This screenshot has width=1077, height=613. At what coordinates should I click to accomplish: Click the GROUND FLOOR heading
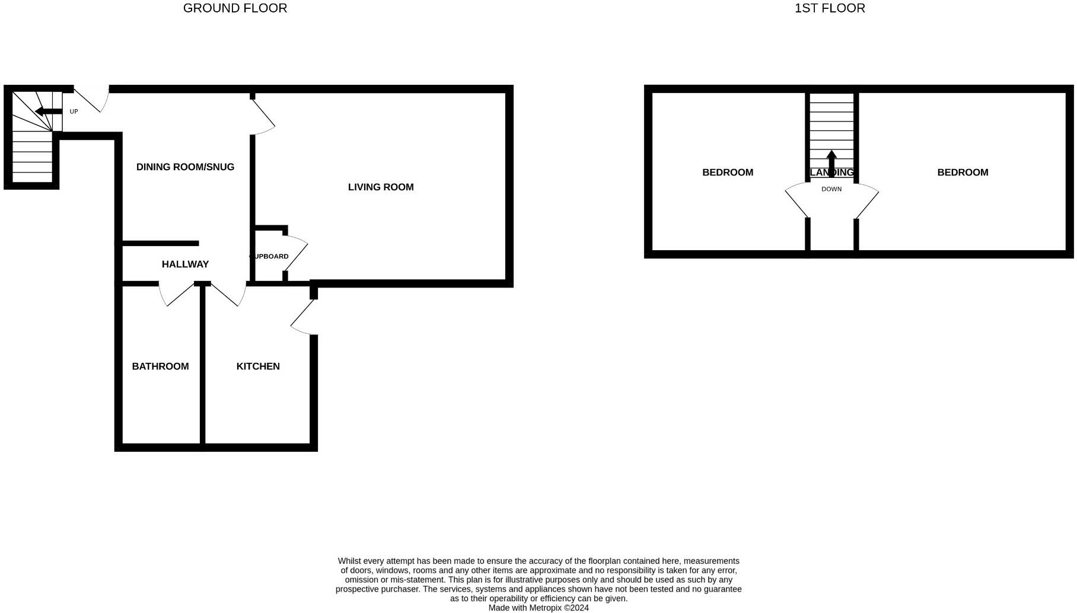pyautogui.click(x=235, y=8)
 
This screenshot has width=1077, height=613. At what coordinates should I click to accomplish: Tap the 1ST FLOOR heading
pyautogui.click(x=829, y=8)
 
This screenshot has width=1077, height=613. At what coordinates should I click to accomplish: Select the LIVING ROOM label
pyautogui.click(x=381, y=187)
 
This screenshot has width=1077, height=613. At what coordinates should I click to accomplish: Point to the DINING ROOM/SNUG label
pyautogui.click(x=185, y=167)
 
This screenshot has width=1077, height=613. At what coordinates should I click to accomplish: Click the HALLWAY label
pyautogui.click(x=185, y=264)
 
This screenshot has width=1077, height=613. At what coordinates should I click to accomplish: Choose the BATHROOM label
pyautogui.click(x=160, y=366)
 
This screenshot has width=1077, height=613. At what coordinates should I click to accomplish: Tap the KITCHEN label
pyautogui.click(x=258, y=366)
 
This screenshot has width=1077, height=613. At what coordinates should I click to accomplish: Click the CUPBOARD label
pyautogui.click(x=269, y=257)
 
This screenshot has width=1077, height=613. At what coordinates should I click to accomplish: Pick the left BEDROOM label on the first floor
pyautogui.click(x=728, y=173)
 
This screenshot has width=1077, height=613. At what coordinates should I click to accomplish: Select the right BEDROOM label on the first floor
pyautogui.click(x=963, y=173)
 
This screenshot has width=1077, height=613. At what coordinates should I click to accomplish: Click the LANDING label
pyautogui.click(x=831, y=173)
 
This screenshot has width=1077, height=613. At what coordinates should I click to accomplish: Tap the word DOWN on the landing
pyautogui.click(x=831, y=189)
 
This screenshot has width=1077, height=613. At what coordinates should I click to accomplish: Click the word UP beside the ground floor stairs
pyautogui.click(x=74, y=111)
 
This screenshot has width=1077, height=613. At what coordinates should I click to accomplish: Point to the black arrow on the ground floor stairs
pyautogui.click(x=48, y=111)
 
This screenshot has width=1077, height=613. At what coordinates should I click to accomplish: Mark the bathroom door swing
pyautogui.click(x=177, y=295)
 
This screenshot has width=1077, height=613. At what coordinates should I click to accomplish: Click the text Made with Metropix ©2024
pyautogui.click(x=538, y=608)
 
